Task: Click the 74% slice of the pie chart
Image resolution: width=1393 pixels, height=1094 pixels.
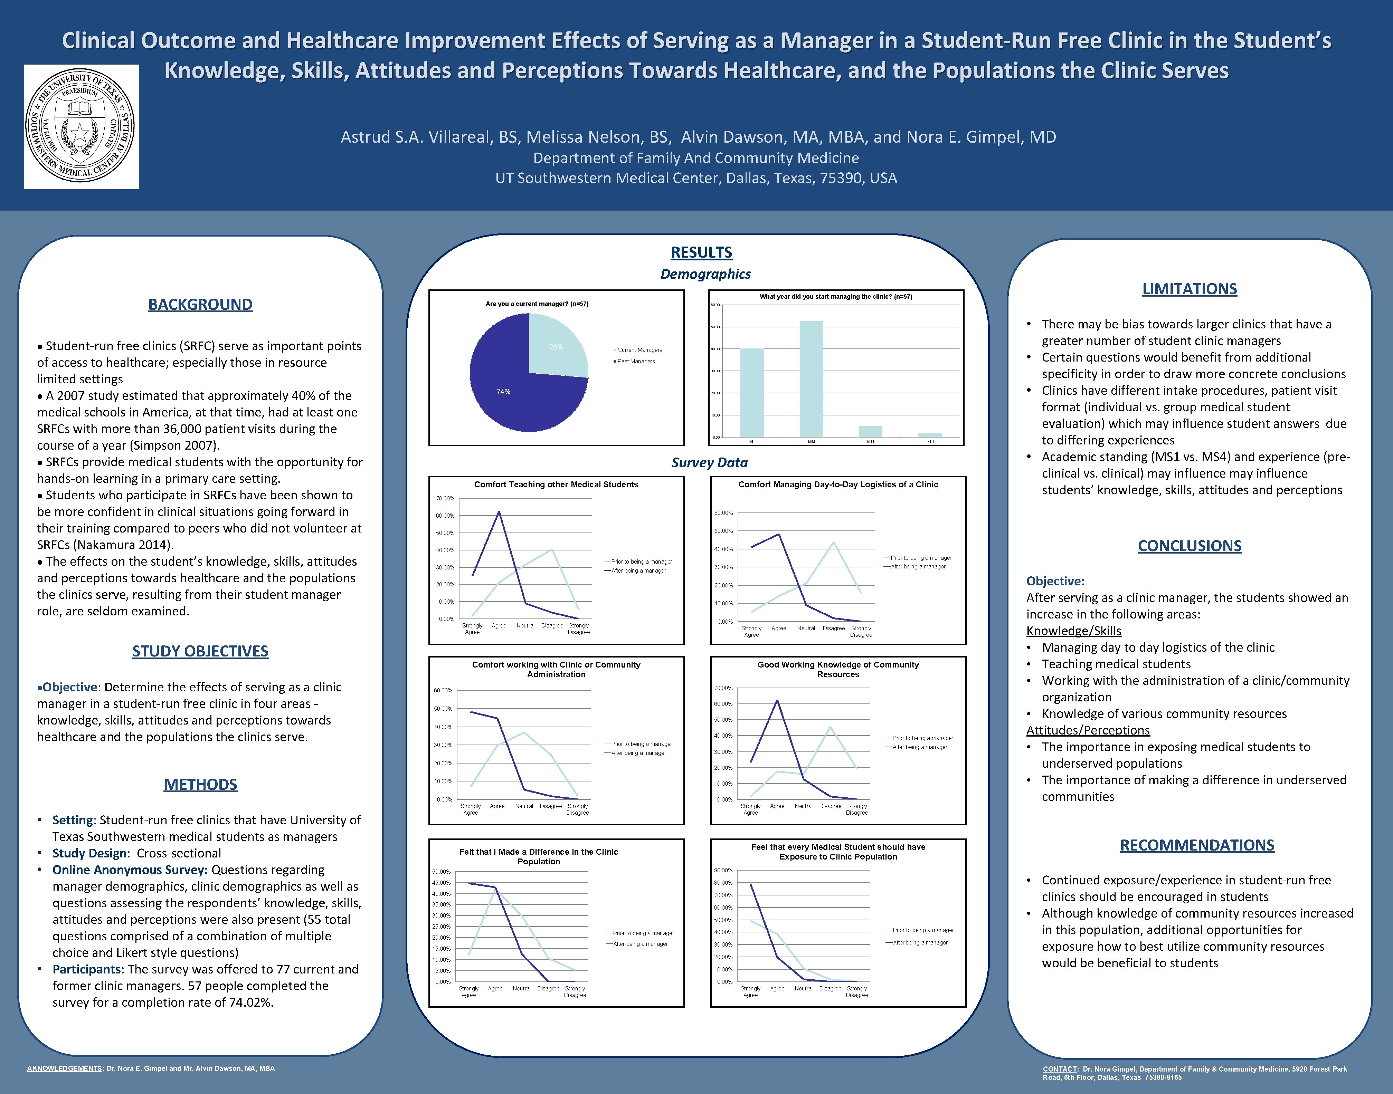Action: tap(513, 404)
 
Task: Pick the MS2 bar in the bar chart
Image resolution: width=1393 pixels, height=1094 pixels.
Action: tap(811, 378)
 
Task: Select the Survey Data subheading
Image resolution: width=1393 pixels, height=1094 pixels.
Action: tap(709, 462)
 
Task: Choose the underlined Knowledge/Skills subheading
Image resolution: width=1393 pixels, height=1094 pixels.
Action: tap(1074, 631)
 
